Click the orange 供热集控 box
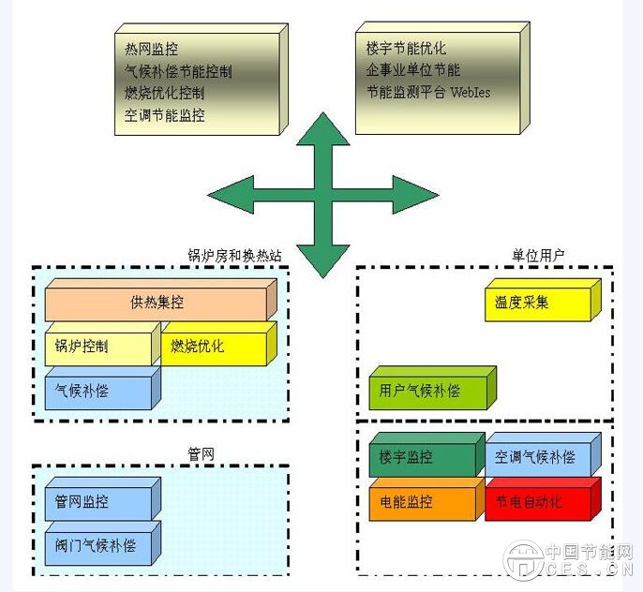(x=157, y=302)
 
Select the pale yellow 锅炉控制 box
(x=97, y=347)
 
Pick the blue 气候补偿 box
(x=97, y=391)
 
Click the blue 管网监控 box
(x=97, y=501)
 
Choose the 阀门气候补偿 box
(x=97, y=545)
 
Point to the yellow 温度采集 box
(x=538, y=303)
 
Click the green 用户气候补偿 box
(x=426, y=391)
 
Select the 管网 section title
(x=202, y=454)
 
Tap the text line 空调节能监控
(x=164, y=116)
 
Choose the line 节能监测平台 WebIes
(x=427, y=93)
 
